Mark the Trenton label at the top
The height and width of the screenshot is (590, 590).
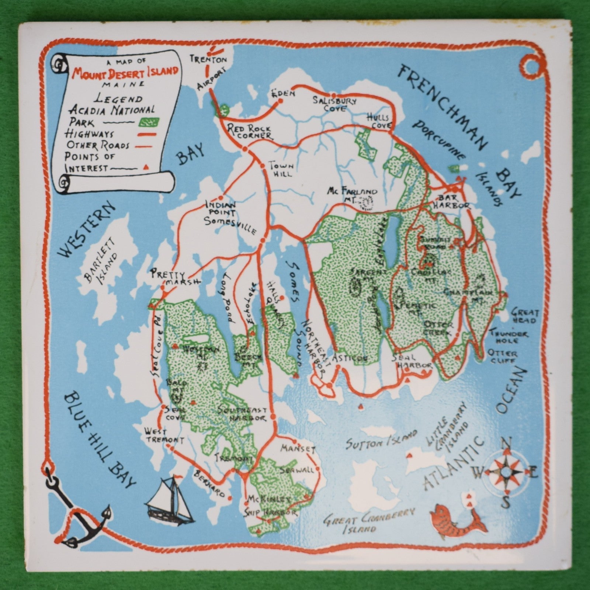208,59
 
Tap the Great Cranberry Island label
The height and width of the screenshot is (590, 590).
369,520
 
